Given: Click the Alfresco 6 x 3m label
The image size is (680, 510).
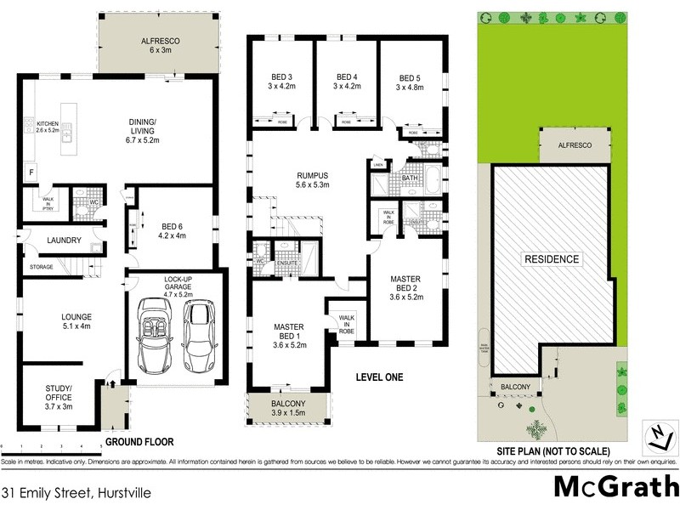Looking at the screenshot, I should click(155, 44).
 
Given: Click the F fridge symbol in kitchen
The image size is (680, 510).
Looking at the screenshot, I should click(31, 172).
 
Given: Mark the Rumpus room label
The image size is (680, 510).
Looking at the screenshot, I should click(313, 178).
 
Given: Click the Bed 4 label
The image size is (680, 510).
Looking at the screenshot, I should click(347, 81).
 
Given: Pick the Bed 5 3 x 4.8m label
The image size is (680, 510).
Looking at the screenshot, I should click(409, 81).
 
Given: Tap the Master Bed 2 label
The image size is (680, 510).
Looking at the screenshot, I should click(405, 287).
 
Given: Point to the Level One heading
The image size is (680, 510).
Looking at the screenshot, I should click(380, 377).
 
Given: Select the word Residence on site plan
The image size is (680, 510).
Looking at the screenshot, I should click(551, 259).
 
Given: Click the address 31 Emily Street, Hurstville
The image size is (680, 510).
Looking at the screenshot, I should click(64, 492).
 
